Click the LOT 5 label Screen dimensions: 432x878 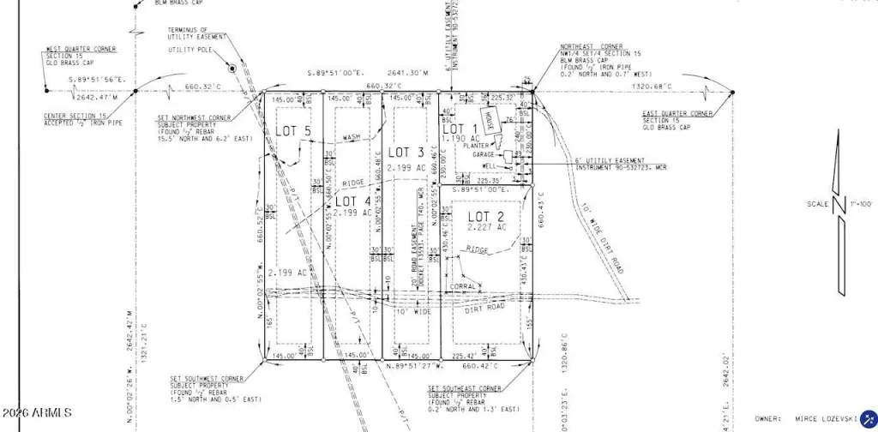coord(292,131)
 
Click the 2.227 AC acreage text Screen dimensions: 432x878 coord(487,228)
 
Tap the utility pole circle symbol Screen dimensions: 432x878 coord(232,67)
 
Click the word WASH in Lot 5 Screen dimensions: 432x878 coord(352,137)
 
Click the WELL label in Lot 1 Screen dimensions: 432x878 coord(490,166)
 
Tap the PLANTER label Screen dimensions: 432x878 coord(477,146)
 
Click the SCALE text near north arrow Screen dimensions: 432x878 coord(817,203)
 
